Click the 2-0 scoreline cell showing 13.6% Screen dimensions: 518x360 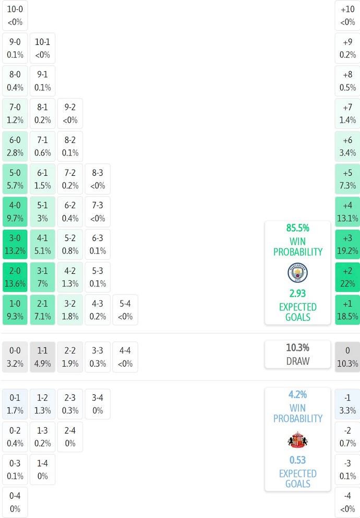coord(15,277)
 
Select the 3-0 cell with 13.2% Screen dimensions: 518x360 coord(15,244)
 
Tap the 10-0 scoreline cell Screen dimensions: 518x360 coord(15,16)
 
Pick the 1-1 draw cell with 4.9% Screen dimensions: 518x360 coord(42,357)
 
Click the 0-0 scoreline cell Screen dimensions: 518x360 coord(15,357)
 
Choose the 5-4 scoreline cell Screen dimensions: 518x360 coord(125,310)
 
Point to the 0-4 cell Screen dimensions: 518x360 coord(15,502)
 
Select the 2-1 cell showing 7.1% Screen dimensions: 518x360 coord(42,310)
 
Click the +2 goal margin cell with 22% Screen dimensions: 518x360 coord(347,277)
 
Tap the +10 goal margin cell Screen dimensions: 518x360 coord(347,16)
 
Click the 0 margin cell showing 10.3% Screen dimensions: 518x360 coord(347,357)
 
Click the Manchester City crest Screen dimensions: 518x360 coord(297,273)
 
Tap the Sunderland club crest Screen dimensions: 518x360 coord(297,440)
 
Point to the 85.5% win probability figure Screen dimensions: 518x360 coord(297,228)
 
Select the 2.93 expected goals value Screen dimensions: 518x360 coord(297,294)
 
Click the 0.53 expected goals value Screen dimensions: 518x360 coord(297,460)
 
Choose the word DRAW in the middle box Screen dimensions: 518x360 coord(297,361)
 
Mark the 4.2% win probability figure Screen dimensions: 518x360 coord(297,395)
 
